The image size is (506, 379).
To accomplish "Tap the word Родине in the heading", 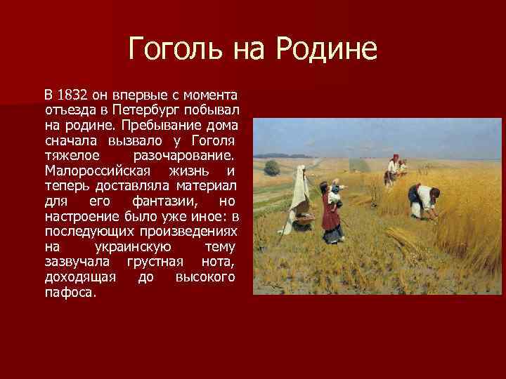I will click(327, 50).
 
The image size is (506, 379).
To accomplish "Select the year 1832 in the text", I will click(72, 95).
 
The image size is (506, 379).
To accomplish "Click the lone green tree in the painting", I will click(272, 167).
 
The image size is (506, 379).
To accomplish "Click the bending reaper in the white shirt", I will click(422, 201).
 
